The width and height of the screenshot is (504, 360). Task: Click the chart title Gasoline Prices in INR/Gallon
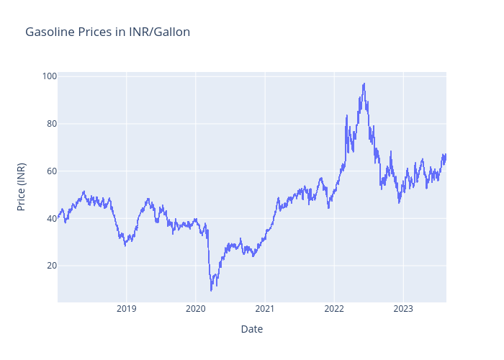[108, 32]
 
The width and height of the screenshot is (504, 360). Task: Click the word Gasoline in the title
[49, 32]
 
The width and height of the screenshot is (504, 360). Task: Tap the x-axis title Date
[251, 329]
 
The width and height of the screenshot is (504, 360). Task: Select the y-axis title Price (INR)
[22, 186]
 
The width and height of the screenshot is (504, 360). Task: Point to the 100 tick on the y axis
[49, 76]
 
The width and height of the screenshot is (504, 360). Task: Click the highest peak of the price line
[364, 84]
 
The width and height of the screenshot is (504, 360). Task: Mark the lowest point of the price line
[211, 290]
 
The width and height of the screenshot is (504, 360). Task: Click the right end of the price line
[446, 155]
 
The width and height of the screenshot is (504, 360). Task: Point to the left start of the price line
[58, 216]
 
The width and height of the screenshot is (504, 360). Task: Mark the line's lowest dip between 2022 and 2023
[399, 202]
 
